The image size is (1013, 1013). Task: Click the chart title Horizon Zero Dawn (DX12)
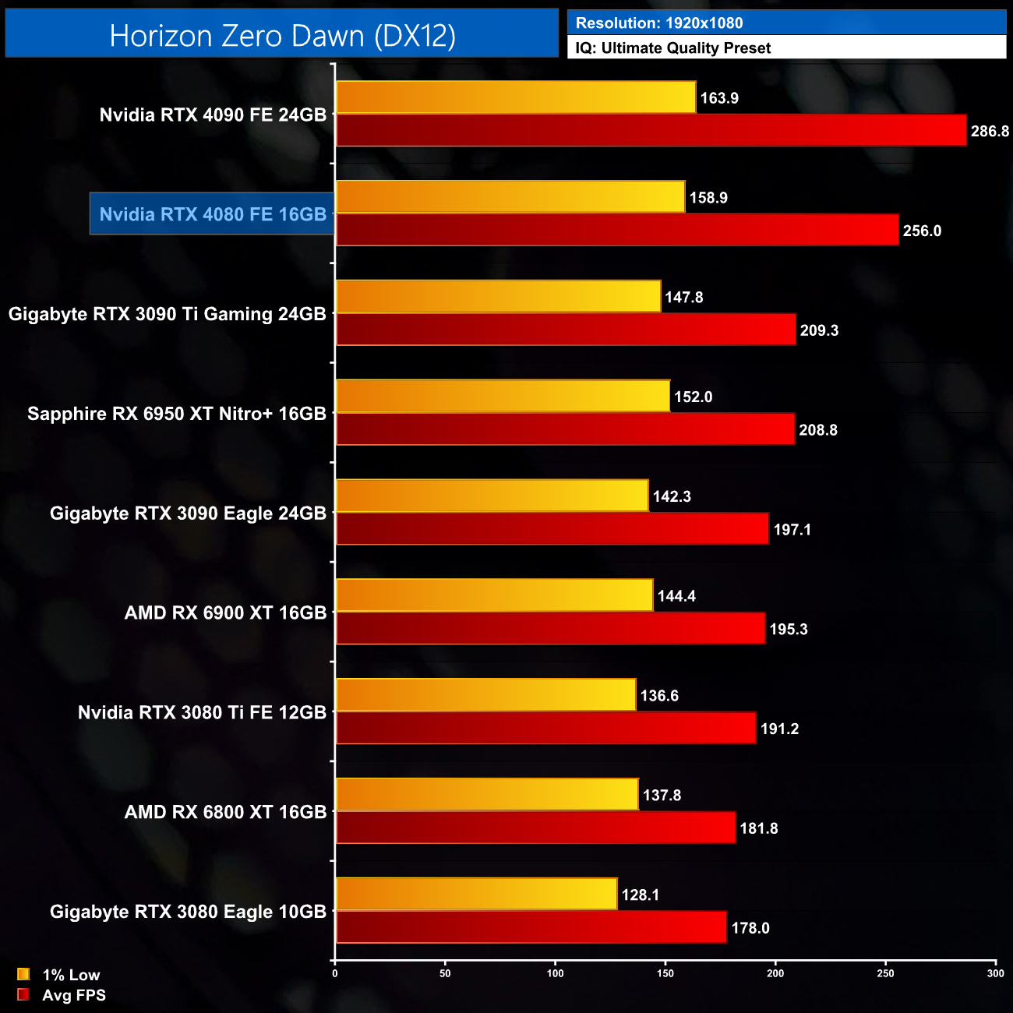pyautogui.click(x=282, y=36)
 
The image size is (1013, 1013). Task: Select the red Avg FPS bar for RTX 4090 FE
pyautogui.click(x=651, y=130)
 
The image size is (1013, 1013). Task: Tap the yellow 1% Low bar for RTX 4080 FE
pyautogui.click(x=510, y=197)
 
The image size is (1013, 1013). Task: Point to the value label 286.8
pyautogui.click(x=990, y=131)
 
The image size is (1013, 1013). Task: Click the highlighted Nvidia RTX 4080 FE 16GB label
pyautogui.click(x=213, y=214)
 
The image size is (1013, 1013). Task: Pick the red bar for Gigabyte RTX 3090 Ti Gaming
pyautogui.click(x=566, y=330)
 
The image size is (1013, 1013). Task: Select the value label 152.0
pyautogui.click(x=693, y=397)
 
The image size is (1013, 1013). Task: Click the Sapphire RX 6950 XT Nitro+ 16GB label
pyautogui.click(x=177, y=414)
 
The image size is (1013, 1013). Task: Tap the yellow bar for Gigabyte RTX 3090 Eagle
pyautogui.click(x=492, y=496)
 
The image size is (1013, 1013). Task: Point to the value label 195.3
pyautogui.click(x=788, y=629)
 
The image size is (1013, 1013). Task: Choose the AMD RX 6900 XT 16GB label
pyautogui.click(x=225, y=613)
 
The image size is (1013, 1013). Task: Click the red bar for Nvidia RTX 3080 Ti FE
pyautogui.click(x=545, y=728)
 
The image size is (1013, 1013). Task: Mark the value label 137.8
pyautogui.click(x=662, y=795)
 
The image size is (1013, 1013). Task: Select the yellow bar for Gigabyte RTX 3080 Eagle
pyautogui.click(x=476, y=894)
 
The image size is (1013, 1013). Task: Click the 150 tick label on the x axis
pyautogui.click(x=665, y=973)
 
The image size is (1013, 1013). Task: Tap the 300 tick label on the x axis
pyautogui.click(x=995, y=973)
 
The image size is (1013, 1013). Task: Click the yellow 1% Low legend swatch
pyautogui.click(x=23, y=974)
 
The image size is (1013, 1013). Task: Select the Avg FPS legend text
pyautogui.click(x=74, y=995)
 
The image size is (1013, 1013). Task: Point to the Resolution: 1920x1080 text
pyautogui.click(x=659, y=23)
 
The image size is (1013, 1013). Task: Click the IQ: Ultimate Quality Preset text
pyautogui.click(x=673, y=48)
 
